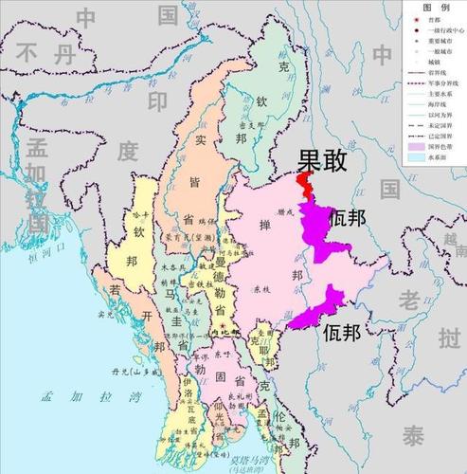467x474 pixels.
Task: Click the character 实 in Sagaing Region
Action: point(200,140)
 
